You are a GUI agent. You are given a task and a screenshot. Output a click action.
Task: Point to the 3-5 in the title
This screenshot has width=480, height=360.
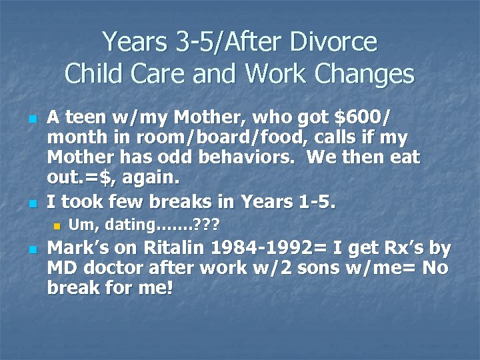point(195,43)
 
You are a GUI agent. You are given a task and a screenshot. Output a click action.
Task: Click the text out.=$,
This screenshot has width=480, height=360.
point(79,179)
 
